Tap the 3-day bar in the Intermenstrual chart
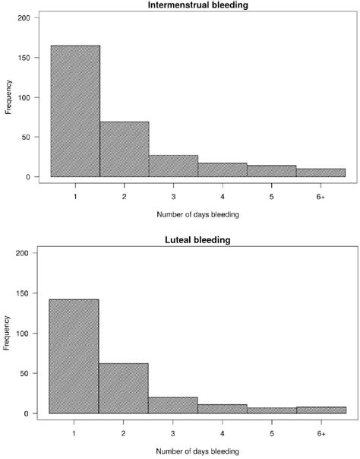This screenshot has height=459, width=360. tap(174, 166)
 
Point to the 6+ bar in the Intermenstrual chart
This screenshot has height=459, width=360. tap(321, 173)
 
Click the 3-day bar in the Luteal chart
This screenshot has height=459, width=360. tap(173, 405)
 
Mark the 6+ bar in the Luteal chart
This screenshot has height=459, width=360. tap(322, 410)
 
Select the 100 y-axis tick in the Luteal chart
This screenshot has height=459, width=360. tap(27, 334)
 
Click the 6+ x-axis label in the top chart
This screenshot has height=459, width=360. tap(321, 196)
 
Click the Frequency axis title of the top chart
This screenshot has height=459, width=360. tap(8, 97)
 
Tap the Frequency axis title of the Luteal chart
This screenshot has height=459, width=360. tap(8, 334)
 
